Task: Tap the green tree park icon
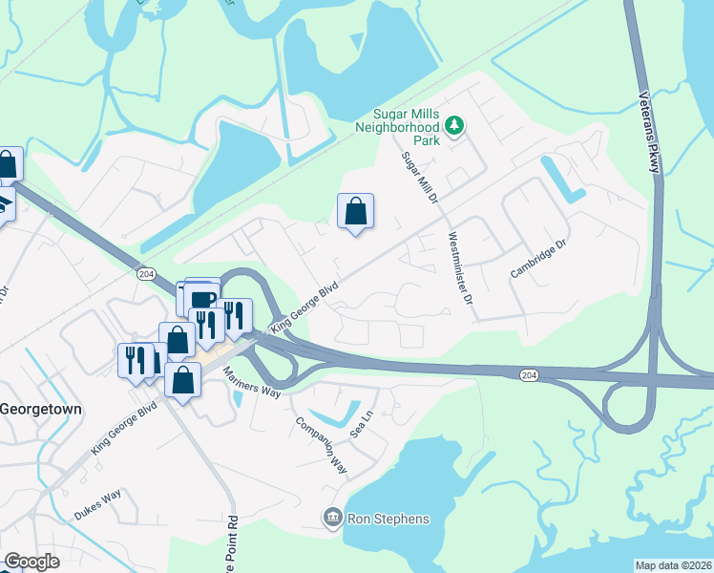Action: (x=455, y=125)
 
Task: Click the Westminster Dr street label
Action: (x=460, y=269)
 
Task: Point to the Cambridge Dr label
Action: (x=538, y=259)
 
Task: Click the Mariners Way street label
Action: (x=252, y=379)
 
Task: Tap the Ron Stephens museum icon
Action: (x=332, y=519)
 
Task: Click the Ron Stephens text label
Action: (x=388, y=520)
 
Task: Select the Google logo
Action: (x=32, y=562)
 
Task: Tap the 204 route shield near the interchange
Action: (x=528, y=375)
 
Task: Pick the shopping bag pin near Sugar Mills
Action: (x=355, y=212)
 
